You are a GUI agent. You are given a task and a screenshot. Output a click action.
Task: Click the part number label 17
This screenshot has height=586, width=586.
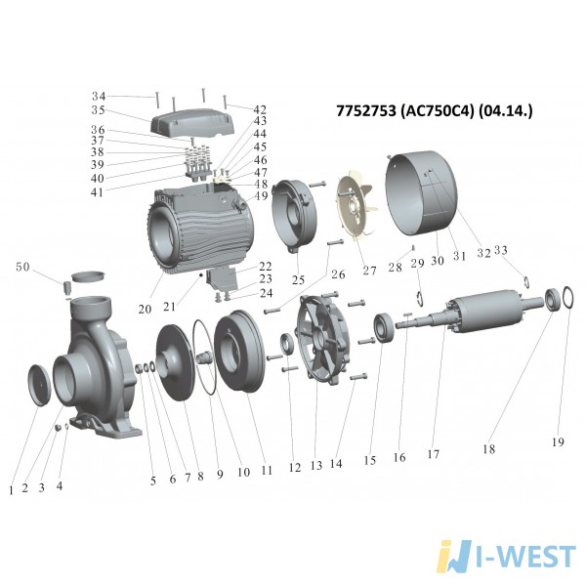point(433,454)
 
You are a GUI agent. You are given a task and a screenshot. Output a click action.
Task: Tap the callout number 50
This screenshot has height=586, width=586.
point(22,267)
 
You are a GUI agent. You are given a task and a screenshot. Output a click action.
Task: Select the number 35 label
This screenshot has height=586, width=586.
point(99,110)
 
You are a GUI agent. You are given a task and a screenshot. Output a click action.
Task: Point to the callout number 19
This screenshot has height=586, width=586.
point(558,442)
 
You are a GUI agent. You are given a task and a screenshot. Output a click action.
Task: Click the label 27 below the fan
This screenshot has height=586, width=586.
point(369,271)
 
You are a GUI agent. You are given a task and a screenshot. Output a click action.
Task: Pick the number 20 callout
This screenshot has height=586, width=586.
point(145,309)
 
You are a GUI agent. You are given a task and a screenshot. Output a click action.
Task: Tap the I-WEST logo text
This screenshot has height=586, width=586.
point(526,557)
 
